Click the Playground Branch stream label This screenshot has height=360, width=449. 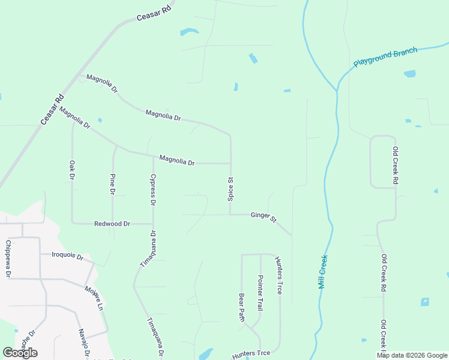[x=385, y=57]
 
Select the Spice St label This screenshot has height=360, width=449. [x=231, y=188]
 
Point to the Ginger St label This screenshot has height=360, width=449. [x=264, y=216]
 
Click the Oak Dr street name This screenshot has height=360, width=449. [x=72, y=170]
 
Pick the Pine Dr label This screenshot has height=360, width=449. [x=112, y=184]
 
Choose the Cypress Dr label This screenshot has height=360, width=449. [x=153, y=191]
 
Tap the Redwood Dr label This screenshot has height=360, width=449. [x=112, y=224]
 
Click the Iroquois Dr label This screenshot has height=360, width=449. [x=67, y=255]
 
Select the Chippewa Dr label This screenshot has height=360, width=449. [x=8, y=259]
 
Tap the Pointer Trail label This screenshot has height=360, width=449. [x=261, y=292]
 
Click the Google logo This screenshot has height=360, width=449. [x=20, y=353]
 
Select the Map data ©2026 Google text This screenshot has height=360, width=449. [x=412, y=355]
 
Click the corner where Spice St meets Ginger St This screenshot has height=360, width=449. [x=231, y=214]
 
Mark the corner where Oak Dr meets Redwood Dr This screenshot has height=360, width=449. [x=73, y=223]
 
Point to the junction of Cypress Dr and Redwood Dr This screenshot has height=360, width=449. [x=152, y=223]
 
